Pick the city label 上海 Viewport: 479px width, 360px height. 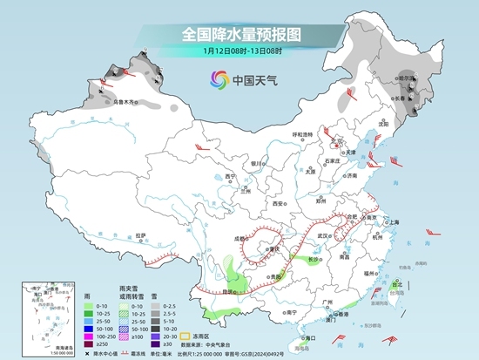coord(392,222)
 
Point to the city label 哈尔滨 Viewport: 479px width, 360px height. coord(408,77)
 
